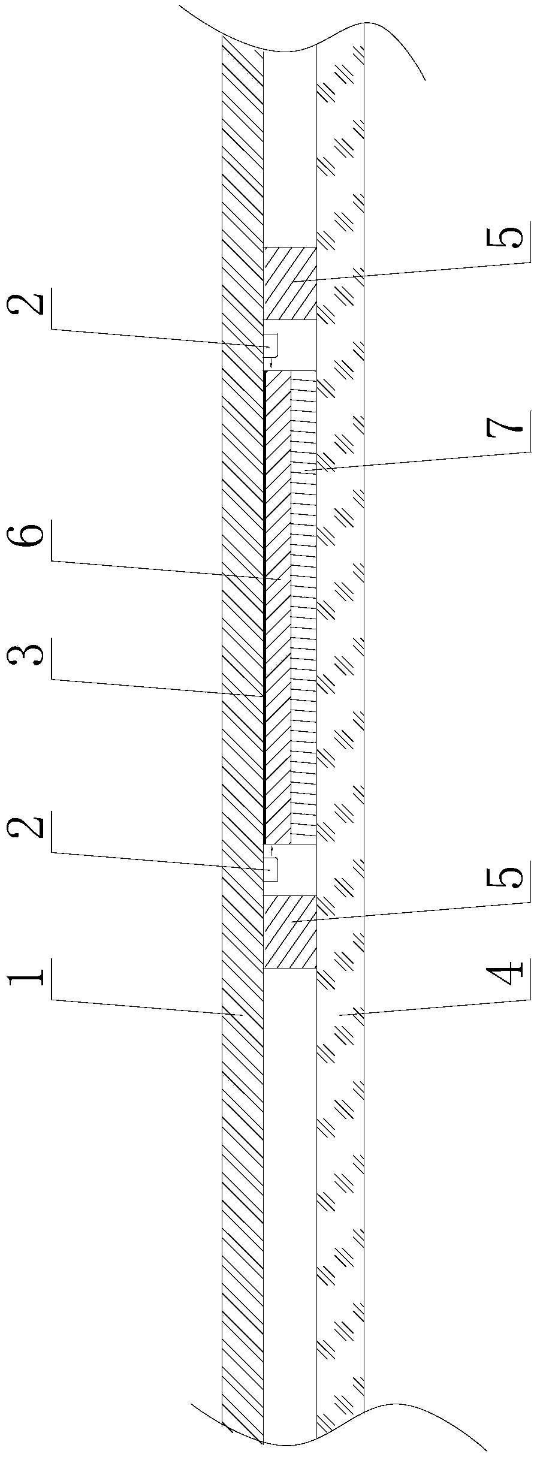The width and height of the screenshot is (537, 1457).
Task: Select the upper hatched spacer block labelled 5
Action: [290, 283]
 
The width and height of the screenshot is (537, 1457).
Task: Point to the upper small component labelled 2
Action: [270, 344]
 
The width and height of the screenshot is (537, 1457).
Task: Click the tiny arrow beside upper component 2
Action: [271, 363]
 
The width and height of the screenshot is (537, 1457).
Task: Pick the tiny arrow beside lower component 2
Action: [271, 850]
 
